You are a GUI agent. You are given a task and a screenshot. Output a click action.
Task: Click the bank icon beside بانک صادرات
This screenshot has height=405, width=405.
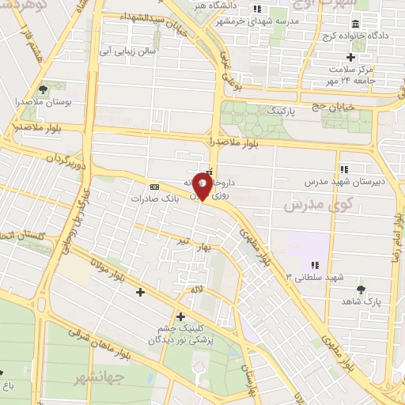coord(153,187)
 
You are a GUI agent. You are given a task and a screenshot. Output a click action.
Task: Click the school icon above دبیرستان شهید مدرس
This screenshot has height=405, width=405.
coord(344,168)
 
